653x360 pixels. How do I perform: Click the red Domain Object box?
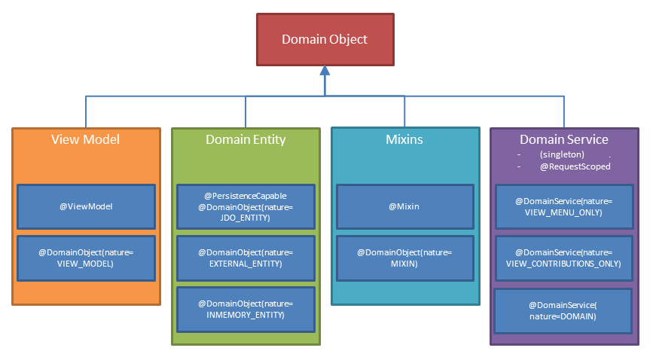point(325,39)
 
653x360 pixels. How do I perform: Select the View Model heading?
point(85,139)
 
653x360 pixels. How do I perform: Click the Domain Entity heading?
point(246,139)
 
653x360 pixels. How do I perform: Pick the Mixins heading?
point(405,139)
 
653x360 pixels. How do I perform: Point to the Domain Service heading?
point(564,139)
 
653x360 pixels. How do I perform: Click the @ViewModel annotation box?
point(86,206)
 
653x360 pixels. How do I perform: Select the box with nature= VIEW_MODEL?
point(86,258)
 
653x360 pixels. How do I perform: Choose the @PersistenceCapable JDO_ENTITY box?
point(246,206)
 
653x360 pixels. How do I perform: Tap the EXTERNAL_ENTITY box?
point(246,258)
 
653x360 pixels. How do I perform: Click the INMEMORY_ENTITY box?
point(246,309)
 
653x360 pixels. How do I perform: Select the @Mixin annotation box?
point(405,206)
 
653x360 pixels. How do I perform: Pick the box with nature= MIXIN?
point(405,258)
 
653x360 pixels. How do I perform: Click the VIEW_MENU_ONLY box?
point(563,206)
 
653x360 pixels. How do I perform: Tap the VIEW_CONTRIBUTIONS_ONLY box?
point(563,258)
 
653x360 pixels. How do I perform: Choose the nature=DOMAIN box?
point(563,310)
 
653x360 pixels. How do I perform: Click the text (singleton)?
point(562,154)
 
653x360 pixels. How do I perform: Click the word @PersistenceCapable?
point(246,195)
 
